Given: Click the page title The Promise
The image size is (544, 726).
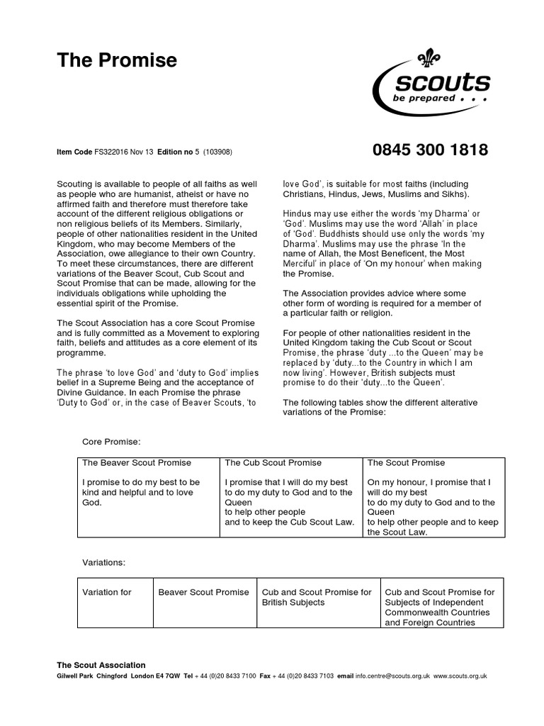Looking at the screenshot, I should [117, 62].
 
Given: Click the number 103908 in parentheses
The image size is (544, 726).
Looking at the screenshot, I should [218, 152].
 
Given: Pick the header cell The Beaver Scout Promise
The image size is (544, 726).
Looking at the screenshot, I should [137, 463].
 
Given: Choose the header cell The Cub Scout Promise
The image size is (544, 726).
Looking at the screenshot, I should [273, 463].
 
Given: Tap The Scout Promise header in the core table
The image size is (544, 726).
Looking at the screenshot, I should [406, 463].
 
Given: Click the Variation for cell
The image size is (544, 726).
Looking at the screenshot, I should [107, 592].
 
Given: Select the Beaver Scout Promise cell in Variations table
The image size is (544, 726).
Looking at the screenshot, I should [204, 592].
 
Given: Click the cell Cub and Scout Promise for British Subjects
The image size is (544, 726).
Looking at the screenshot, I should [317, 597].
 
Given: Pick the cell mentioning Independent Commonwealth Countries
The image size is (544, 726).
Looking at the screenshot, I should [440, 607].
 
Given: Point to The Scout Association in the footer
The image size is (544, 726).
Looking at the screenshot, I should [101, 665].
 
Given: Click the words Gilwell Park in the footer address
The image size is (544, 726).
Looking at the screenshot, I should [76, 676].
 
